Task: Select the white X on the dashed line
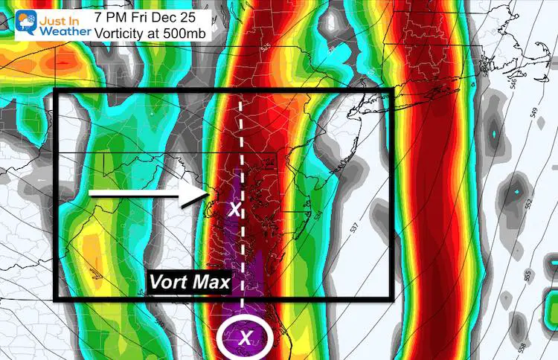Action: click(236, 209)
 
